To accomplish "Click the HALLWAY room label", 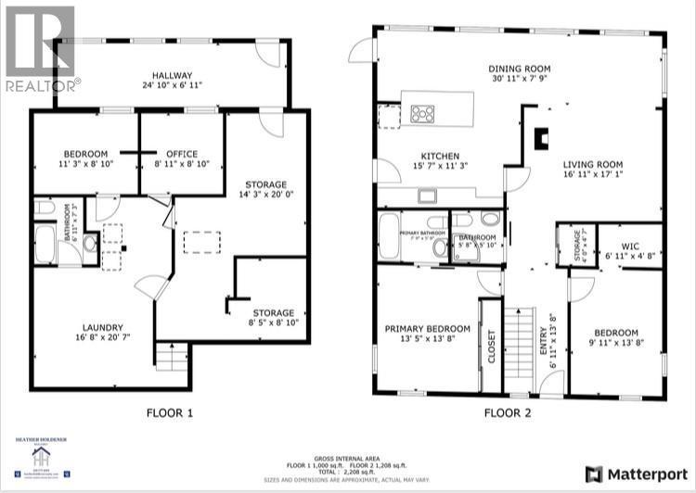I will click(x=172, y=75).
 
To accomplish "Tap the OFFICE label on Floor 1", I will click(x=182, y=154).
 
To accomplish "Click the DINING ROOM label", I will click(x=521, y=69).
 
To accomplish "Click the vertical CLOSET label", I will click(x=491, y=346).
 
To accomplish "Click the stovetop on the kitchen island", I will click(x=422, y=114).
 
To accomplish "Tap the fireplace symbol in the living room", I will click(x=541, y=135).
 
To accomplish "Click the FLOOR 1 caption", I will click(x=169, y=413).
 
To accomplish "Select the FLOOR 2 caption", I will click(x=507, y=413).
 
